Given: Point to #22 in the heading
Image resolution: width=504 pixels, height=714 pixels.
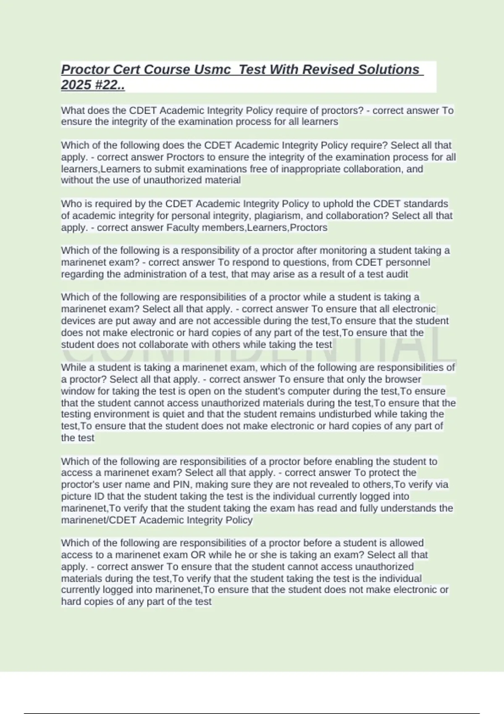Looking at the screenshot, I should pyautogui.click(x=109, y=85).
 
